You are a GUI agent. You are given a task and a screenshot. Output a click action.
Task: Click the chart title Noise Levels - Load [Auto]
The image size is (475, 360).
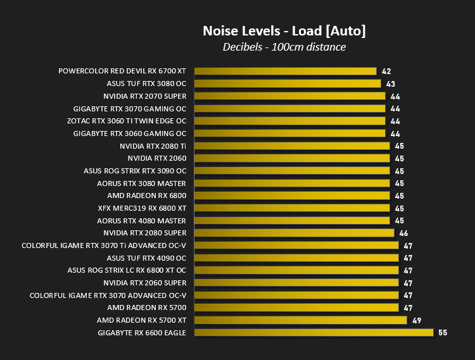[284, 31]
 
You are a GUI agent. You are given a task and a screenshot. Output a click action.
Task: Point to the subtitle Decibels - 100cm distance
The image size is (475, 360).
[284, 47]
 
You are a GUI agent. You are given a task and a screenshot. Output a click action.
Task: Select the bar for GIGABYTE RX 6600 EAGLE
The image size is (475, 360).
[314, 332]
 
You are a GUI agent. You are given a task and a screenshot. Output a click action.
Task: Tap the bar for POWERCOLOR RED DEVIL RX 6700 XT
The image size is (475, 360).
[286, 71]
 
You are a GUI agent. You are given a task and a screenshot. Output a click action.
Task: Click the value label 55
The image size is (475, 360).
[443, 333]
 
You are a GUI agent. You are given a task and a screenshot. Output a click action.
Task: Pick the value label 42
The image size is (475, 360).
[386, 71]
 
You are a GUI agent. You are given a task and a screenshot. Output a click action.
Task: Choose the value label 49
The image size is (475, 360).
[417, 320]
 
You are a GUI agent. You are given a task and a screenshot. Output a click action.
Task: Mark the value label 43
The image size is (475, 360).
[391, 84]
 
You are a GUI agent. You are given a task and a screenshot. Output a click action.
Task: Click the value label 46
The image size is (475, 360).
[403, 233]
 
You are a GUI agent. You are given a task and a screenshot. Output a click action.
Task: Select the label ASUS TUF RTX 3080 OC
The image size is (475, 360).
[146, 84]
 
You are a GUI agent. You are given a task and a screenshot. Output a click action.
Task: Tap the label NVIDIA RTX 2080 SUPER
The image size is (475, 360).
[145, 233]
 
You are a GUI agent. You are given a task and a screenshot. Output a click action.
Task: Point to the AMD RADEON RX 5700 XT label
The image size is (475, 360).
[141, 320]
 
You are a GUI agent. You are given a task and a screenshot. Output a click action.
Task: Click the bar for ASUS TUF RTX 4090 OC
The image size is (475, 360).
[296, 258]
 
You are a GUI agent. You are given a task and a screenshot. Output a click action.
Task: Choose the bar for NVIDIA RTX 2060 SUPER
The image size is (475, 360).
[296, 283]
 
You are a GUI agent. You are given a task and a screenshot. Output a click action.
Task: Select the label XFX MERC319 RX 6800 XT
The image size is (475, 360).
[142, 208]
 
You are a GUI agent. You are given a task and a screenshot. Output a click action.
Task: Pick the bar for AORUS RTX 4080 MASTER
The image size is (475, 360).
[292, 221]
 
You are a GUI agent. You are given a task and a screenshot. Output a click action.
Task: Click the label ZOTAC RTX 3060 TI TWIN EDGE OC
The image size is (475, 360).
[127, 121]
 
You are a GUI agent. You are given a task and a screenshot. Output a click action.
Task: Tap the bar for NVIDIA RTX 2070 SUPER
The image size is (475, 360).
[290, 96]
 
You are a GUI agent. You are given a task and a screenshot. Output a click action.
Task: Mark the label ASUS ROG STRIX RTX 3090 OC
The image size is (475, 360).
[135, 171]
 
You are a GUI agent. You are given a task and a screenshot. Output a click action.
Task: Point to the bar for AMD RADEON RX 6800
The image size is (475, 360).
[292, 196]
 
